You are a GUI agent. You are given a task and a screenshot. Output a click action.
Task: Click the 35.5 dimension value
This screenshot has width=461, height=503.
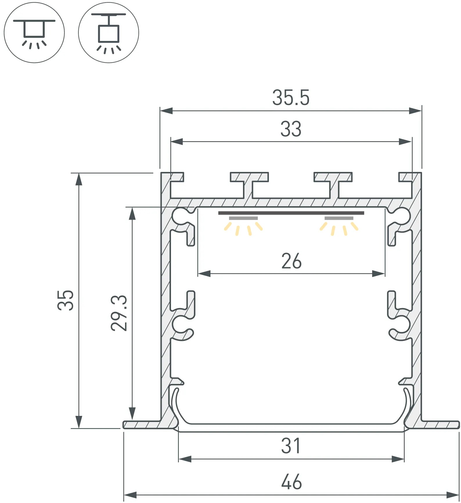point(291,98)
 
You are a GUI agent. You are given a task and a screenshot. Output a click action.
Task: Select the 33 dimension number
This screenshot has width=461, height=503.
point(291,129)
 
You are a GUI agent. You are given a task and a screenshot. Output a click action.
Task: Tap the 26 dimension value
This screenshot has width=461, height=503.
point(291,261)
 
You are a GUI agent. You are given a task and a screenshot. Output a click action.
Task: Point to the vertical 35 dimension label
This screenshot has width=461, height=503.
point(66,300)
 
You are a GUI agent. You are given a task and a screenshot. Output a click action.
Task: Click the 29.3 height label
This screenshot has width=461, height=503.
point(119,313)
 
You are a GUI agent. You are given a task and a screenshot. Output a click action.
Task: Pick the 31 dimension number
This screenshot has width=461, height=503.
point(291,446)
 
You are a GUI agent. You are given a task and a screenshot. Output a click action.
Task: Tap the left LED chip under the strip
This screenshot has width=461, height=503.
point(243,218)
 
